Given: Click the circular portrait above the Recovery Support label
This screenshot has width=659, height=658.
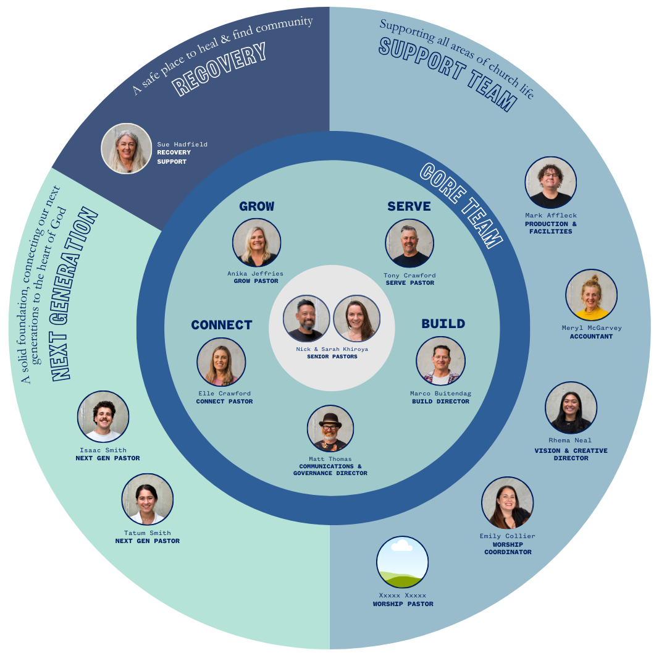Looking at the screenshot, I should (127, 148).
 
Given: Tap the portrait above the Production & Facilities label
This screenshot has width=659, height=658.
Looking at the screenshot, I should (550, 182).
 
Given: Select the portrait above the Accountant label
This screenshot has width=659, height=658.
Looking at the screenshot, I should (591, 295).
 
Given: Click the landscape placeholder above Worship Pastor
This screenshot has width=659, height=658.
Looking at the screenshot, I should (403, 562).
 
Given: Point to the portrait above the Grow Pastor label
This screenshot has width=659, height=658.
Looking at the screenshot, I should (256, 243).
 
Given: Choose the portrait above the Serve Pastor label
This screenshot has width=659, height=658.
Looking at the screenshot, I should (409, 243).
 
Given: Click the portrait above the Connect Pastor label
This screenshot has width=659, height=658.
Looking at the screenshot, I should (222, 362).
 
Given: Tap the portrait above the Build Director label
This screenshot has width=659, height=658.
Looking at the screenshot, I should (440, 361).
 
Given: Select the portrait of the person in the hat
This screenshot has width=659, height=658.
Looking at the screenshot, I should (330, 428).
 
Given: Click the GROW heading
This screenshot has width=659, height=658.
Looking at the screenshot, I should (257, 206).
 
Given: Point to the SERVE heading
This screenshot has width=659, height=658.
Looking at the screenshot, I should (409, 206).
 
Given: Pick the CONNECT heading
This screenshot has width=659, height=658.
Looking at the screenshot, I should (222, 325).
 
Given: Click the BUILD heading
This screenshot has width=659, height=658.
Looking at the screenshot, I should (443, 324).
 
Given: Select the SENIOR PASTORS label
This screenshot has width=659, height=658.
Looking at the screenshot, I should (332, 356).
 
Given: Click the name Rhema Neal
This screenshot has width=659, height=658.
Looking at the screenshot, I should (569, 441).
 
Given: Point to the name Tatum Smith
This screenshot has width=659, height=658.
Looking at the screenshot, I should (147, 533).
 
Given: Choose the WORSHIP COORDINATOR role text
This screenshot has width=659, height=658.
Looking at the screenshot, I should (508, 548).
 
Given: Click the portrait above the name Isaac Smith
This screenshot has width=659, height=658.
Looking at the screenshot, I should (103, 416).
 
